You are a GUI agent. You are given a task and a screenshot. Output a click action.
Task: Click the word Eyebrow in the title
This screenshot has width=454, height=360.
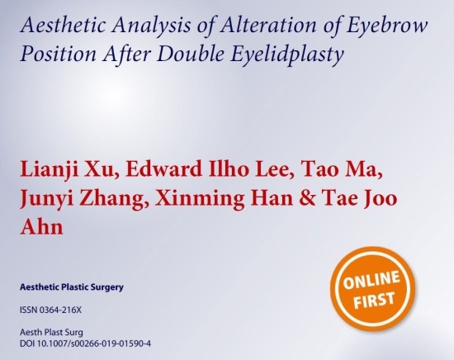[x=387, y=26]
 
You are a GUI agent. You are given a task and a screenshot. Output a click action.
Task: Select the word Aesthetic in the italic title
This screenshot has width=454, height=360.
[x=63, y=25]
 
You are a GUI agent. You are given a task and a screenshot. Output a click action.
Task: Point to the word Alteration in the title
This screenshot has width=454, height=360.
[x=268, y=25]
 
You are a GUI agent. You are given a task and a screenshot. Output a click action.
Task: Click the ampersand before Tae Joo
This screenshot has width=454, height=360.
[x=303, y=199]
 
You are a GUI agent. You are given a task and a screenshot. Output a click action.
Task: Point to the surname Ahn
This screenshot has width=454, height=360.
[x=41, y=227]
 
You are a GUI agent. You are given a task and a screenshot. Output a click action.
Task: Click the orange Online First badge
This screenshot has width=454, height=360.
[x=373, y=289]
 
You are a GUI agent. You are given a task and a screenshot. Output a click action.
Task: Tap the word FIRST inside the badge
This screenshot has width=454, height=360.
[x=374, y=300]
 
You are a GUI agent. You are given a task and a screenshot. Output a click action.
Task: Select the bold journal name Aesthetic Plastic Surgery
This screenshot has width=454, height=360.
[x=72, y=287]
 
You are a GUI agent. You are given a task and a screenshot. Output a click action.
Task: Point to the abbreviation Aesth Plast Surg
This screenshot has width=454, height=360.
[x=51, y=332]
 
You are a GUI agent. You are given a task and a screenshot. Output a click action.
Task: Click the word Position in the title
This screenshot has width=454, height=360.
[x=59, y=54]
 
